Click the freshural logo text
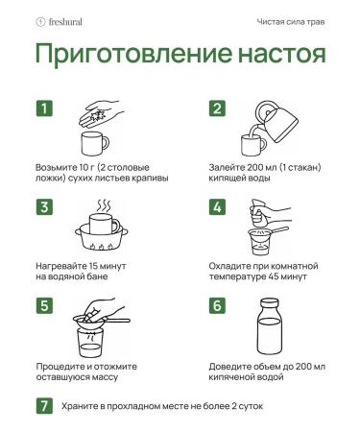65,22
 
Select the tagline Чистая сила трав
291,22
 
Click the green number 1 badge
44,108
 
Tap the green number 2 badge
217,108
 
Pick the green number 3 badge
44,207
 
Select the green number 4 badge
217,207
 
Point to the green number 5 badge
44,305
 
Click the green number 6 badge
217,305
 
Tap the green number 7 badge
44,406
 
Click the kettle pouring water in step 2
277,121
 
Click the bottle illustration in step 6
270,326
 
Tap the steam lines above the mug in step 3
104,205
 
